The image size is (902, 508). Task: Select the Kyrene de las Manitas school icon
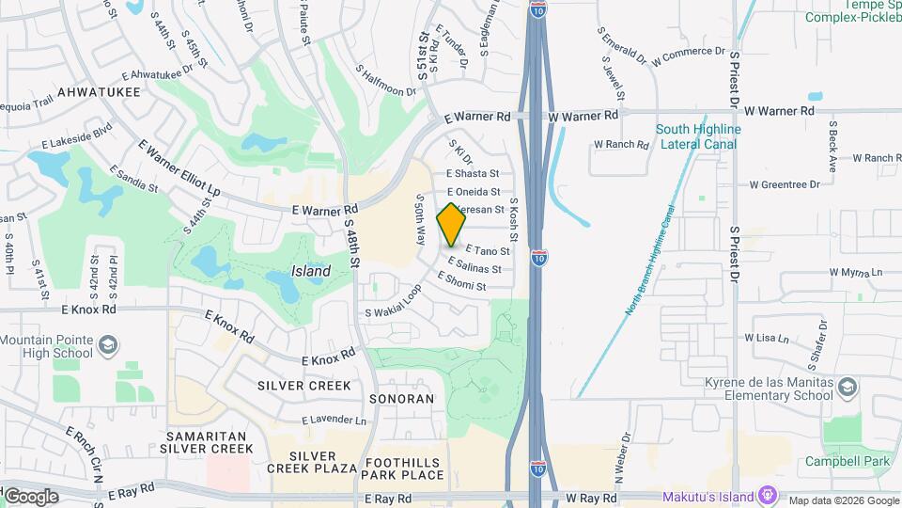[848, 388]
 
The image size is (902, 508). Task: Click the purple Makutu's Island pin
[769, 494]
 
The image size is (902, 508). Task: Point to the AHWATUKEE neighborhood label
[99, 92]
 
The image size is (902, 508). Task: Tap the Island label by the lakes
[310, 271]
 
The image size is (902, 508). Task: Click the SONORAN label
[399, 399]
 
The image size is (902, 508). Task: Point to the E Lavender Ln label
[334, 420]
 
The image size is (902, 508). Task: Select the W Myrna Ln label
[856, 273]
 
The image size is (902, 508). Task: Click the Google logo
[31, 496]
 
